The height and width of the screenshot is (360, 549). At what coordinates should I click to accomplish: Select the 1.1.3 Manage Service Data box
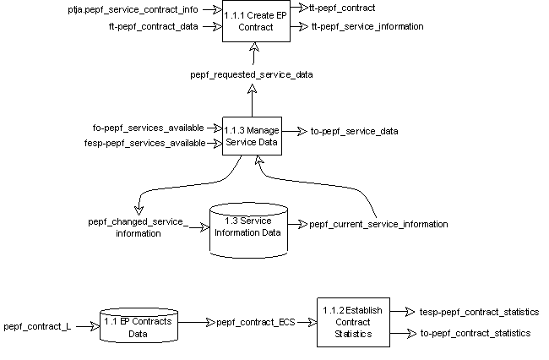pos(252,136)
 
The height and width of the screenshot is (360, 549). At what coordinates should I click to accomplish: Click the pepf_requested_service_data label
pos(252,74)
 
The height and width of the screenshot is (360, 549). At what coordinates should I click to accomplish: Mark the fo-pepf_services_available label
pos(149,128)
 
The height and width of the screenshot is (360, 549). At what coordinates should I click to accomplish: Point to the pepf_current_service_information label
pos(378,224)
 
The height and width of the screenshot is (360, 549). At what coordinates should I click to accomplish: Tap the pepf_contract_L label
pos(37,325)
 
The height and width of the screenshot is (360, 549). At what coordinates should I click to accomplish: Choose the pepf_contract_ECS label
pos(252,322)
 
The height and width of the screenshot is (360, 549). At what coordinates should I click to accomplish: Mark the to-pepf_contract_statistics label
pos(475,334)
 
